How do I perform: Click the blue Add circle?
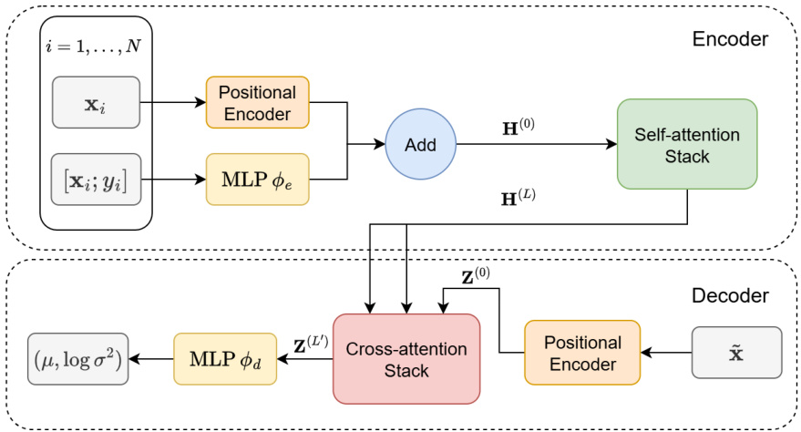(421, 144)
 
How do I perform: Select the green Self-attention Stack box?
(686, 144)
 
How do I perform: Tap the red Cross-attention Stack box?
(406, 358)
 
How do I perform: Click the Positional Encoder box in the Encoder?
(258, 102)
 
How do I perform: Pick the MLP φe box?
(258, 180)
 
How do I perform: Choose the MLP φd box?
(224, 358)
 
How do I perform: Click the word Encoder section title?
(729, 39)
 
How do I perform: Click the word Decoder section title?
(729, 295)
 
